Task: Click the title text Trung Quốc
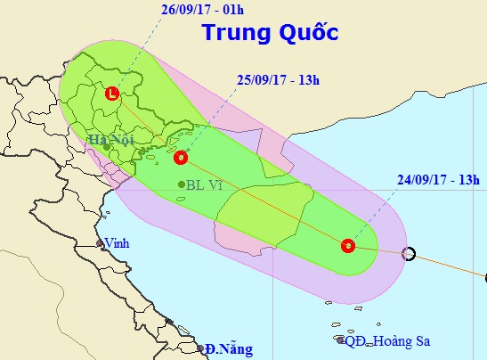coord(270,33)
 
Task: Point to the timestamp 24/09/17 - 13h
coord(435,190)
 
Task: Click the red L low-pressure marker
coord(111,93)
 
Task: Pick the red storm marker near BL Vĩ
coord(181,158)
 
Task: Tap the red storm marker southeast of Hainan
coord(348,245)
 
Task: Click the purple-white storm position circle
coord(408,253)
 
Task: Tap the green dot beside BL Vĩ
coord(182,184)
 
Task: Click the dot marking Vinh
coord(100,243)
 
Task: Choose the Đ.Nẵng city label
coord(228,348)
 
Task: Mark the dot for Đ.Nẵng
coord(201,348)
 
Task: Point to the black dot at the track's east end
coord(485,278)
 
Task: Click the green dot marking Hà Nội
coord(106,146)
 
